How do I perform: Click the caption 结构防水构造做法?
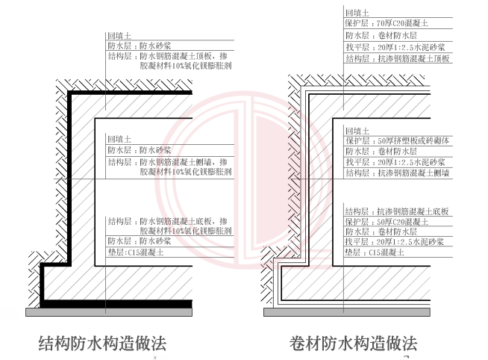coord(102,343)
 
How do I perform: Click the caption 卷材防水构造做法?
coord(353,344)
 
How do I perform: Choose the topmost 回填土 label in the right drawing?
coord(356,13)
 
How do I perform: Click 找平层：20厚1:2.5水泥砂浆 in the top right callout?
coord(395,46)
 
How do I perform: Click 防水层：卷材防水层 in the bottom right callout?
coord(381,232)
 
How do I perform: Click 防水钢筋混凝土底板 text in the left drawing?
coord(178,221)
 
